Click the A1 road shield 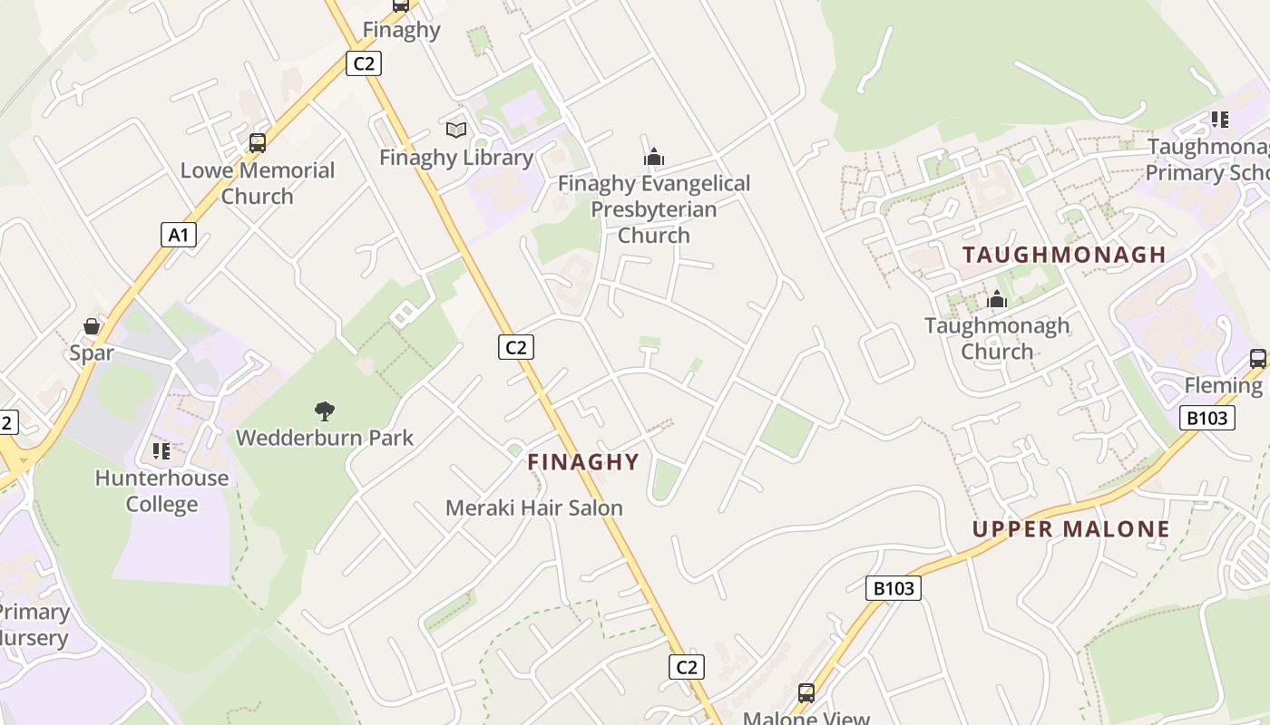[179, 236]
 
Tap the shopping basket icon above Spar [92, 326]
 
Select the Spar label [92, 353]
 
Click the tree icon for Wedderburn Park [325, 411]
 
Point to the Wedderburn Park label [325, 438]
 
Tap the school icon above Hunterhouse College [161, 451]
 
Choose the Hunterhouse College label [161, 490]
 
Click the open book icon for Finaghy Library [456, 130]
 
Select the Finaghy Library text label [456, 157]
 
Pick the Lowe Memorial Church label [258, 183]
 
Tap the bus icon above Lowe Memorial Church [258, 143]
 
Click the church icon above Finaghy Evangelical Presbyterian [654, 157]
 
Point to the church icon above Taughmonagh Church [997, 299]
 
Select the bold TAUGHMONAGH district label [1064, 255]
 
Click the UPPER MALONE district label [1071, 529]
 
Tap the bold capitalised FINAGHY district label [583, 461]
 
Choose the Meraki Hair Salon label [534, 507]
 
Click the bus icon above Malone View [806, 693]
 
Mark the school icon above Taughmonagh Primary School [1220, 120]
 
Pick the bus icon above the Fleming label [1257, 359]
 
